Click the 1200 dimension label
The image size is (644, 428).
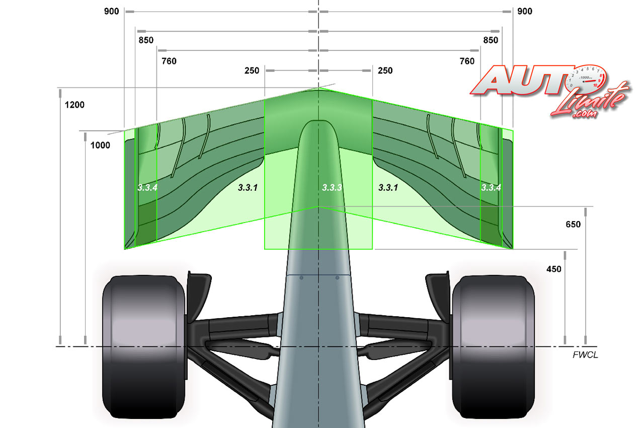74,105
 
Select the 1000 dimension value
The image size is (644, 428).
100,145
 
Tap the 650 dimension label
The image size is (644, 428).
573,225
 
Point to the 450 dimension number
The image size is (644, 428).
554,269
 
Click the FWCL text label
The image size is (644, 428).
585,355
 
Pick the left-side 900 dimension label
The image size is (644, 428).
112,12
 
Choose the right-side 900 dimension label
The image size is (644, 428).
525,12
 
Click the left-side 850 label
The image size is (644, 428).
146,40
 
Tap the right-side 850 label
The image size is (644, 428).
491,40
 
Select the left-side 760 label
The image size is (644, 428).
169,61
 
